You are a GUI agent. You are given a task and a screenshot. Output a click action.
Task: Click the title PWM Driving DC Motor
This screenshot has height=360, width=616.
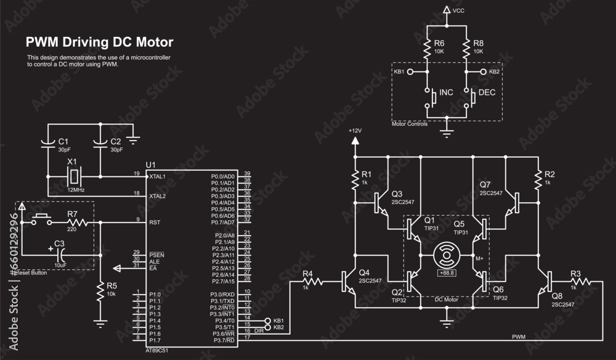(99, 42)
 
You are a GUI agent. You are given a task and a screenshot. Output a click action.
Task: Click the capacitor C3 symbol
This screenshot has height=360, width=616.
(60, 254)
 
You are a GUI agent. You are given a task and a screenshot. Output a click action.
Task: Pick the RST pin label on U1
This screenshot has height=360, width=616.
(154, 222)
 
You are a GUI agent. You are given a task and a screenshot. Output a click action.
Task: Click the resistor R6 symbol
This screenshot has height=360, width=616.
(426, 47)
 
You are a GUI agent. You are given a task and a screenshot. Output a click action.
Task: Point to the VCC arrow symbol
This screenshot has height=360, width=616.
(447, 10)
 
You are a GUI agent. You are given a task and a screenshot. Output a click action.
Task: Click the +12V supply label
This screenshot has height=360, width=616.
(355, 131)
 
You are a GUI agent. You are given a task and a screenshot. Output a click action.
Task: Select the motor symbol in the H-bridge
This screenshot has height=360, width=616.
(446, 255)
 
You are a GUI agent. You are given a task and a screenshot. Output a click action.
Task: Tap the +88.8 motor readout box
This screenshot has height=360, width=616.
(446, 272)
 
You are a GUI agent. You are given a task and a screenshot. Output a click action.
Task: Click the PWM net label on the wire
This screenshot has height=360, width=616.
(519, 336)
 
